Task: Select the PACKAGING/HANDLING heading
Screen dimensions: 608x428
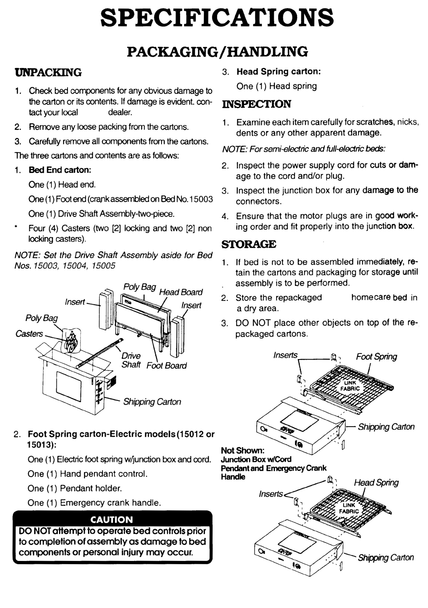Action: tap(217, 51)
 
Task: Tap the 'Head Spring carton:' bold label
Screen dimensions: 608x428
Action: tap(279, 72)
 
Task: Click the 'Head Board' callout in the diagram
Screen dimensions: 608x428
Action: tap(182, 292)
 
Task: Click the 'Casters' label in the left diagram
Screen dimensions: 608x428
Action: tap(29, 333)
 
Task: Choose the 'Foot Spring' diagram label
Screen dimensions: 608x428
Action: tap(376, 357)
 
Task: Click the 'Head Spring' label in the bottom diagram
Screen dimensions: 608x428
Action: tap(376, 483)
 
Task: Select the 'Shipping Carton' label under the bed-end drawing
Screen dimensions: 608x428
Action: tap(152, 402)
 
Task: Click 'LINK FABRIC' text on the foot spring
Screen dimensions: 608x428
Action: tap(351, 386)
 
